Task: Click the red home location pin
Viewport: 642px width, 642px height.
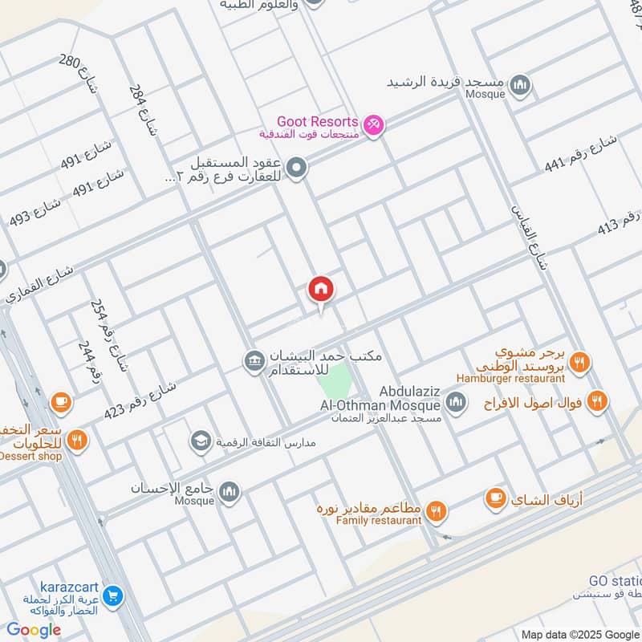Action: [321, 290]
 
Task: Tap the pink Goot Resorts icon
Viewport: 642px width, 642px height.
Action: [374, 125]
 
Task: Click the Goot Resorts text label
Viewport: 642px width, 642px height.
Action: [318, 122]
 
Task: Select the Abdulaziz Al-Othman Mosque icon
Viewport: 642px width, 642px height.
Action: [456, 402]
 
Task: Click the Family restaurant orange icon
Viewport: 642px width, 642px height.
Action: [437, 511]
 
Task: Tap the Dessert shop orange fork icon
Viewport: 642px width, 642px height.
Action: [77, 439]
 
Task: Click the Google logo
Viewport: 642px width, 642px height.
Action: [34, 630]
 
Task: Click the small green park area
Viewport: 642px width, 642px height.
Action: [337, 377]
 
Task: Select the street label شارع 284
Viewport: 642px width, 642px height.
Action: [140, 110]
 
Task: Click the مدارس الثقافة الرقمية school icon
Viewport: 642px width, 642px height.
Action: [199, 441]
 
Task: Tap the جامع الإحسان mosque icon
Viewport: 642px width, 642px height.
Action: [230, 490]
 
